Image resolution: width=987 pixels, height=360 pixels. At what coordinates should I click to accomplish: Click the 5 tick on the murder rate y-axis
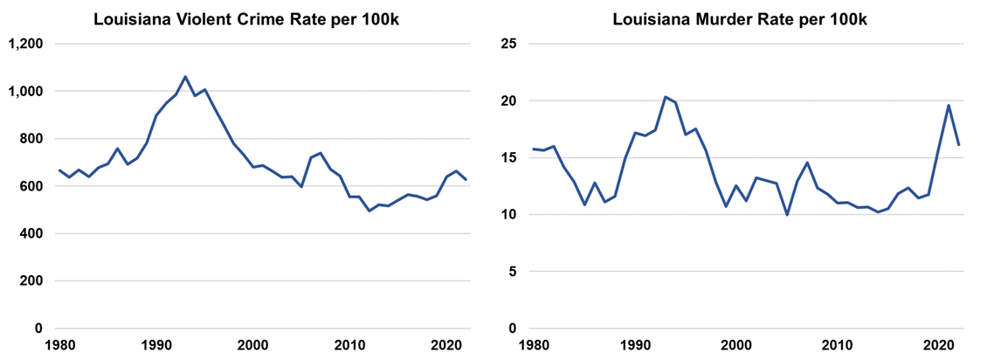coord(512,272)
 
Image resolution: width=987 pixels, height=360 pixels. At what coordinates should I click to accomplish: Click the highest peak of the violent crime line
coord(185,77)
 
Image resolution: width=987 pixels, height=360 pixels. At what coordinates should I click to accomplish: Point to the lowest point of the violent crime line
coord(369,211)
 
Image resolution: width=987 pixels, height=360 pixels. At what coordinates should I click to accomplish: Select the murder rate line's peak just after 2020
coord(949,106)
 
